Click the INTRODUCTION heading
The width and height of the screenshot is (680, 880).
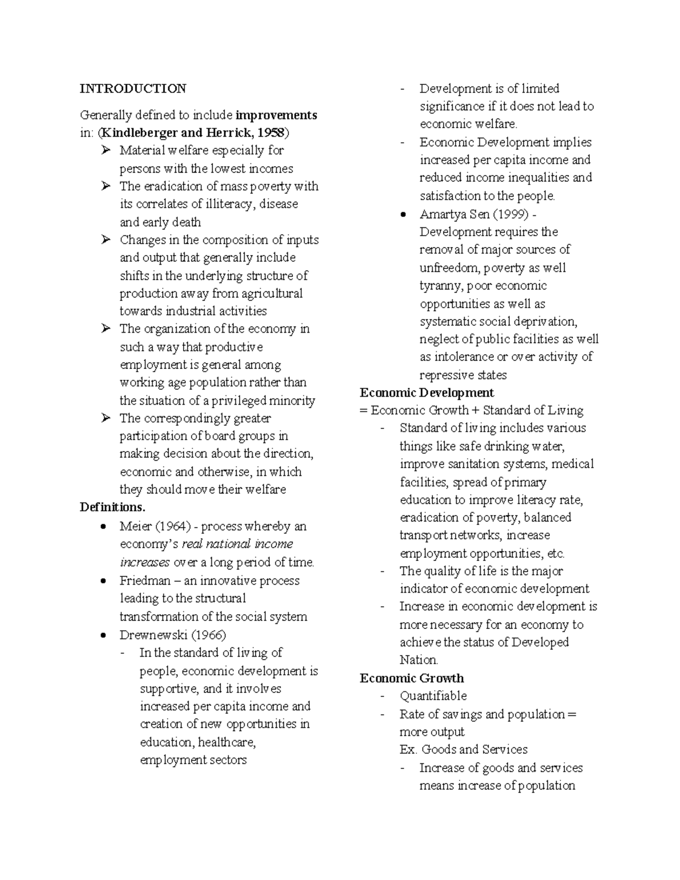coord(133,88)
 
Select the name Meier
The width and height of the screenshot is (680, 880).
coord(135,526)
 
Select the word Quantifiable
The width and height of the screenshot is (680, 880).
coord(433,696)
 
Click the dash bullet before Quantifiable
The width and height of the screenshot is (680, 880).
coord(384,696)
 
